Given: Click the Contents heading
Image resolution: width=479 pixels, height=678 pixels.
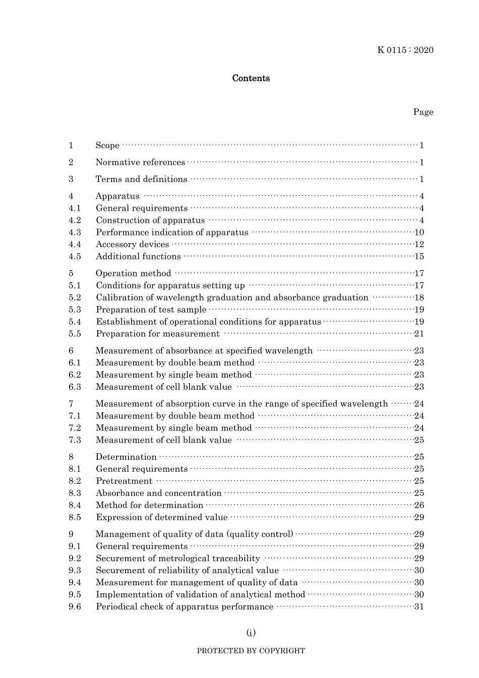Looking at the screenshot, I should [x=251, y=78].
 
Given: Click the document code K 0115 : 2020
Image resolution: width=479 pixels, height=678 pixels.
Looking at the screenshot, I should [x=405, y=50].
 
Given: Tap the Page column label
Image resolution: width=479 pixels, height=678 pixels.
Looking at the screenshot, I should [x=423, y=112].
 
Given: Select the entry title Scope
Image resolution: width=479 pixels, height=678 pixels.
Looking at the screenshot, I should [x=107, y=146].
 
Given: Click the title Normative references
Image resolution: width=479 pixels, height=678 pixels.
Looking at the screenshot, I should [x=140, y=162].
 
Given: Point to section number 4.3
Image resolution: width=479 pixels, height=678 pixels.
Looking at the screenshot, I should [x=75, y=232].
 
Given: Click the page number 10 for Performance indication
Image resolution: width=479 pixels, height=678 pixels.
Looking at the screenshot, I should [x=419, y=232].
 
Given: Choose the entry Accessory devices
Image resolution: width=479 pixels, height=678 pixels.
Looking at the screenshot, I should [x=132, y=244].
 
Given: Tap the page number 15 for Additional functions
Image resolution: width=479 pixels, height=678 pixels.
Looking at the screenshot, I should [x=419, y=257].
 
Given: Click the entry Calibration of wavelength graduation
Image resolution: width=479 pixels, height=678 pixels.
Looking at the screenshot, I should [x=232, y=297].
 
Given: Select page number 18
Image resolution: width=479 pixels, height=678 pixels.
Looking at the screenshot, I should [x=419, y=297].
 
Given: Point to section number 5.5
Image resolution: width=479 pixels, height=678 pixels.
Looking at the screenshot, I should [x=75, y=334].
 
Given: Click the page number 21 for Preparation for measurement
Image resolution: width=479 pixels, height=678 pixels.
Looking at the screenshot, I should [x=419, y=334].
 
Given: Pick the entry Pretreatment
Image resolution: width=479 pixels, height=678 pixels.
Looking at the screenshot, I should [x=124, y=481].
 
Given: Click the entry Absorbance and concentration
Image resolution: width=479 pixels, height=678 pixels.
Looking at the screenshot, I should [x=158, y=493].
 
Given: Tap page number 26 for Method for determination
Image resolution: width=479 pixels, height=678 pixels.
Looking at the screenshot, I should [x=419, y=505].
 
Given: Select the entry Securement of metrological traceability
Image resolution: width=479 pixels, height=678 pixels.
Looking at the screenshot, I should [x=177, y=558].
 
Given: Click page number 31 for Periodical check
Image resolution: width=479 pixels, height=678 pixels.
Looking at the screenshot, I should [x=419, y=606].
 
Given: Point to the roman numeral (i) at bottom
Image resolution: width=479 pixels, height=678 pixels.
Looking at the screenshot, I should [x=251, y=633].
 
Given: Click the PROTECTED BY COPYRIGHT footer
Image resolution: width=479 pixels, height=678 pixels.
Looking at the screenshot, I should [x=251, y=651].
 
